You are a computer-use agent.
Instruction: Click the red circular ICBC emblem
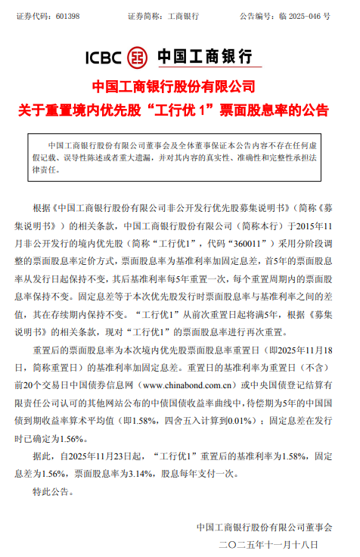137,56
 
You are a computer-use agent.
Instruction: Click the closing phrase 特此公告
54,492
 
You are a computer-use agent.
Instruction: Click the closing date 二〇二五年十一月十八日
269,544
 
